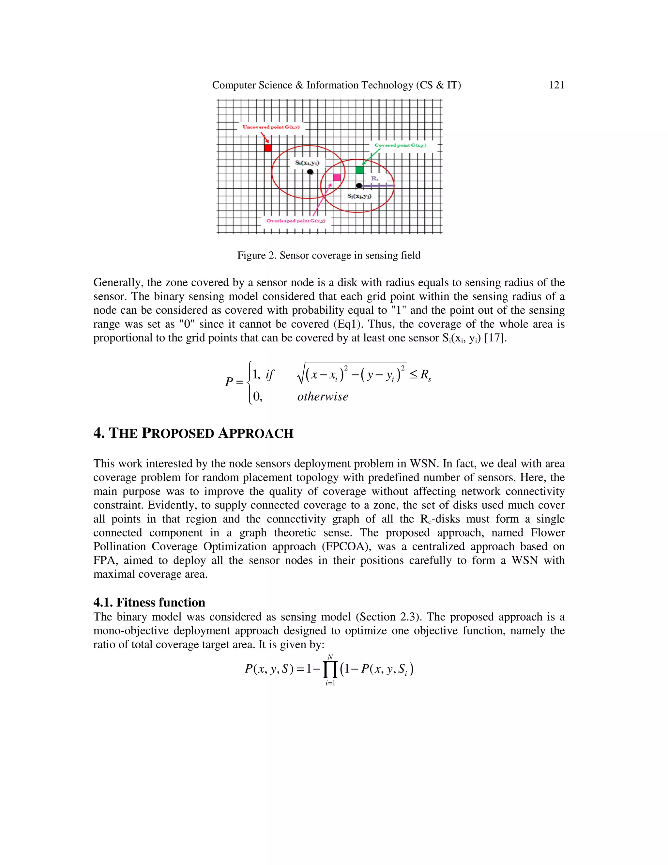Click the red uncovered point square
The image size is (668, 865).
[268, 148]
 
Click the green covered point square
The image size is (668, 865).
[359, 170]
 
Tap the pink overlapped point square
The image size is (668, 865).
[337, 177]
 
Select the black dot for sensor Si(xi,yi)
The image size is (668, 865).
[310, 172]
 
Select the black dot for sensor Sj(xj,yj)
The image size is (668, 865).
[358, 185]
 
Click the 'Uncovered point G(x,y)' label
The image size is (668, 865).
[271, 127]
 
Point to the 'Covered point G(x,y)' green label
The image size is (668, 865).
[400, 145]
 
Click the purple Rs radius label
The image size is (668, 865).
[374, 179]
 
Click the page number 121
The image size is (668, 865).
[556, 85]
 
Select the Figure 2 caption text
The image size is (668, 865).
[328, 256]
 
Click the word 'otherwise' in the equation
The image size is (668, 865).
[323, 397]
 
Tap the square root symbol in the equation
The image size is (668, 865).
[301, 374]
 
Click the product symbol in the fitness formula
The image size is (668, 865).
[330, 670]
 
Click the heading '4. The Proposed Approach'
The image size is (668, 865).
[193, 433]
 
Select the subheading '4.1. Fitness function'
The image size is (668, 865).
[149, 603]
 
